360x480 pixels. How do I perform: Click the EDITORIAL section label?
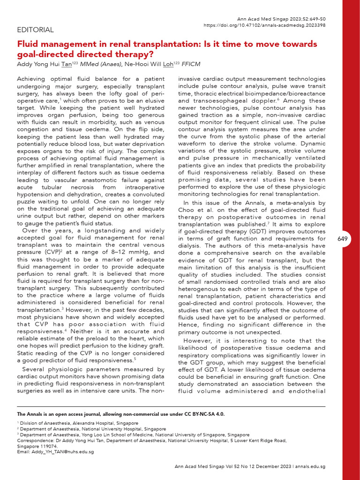click(x=35, y=30)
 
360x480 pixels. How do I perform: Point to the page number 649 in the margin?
click(x=342, y=239)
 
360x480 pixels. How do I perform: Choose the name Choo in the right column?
click(x=187, y=210)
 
